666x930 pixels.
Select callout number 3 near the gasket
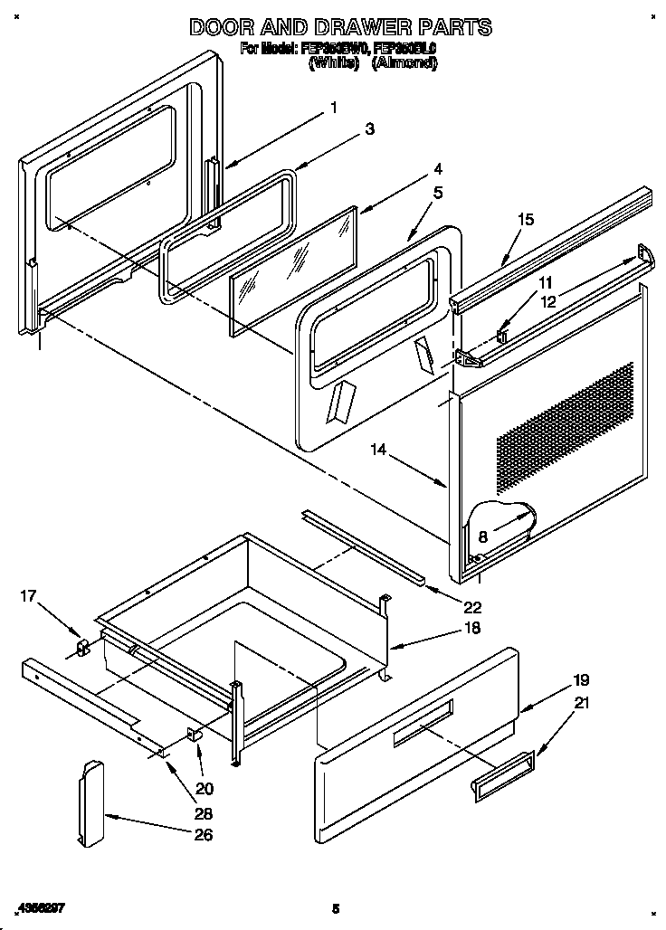[369, 129]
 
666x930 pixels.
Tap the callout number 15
[526, 219]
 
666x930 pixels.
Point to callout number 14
[378, 447]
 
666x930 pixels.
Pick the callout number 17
[29, 595]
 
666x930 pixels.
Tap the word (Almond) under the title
[405, 63]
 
